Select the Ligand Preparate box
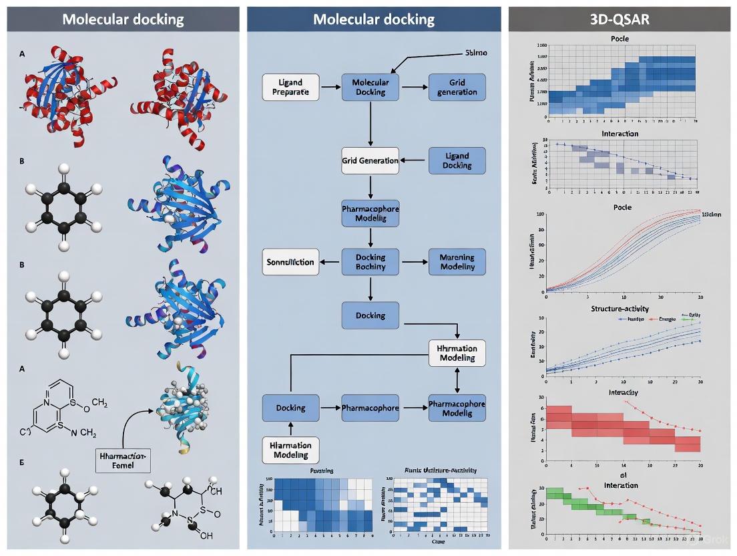pos(290,87)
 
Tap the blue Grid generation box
pos(457,87)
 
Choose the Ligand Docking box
pos(457,160)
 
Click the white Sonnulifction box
pos(290,261)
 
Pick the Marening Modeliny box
pos(457,261)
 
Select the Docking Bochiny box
pos(370,261)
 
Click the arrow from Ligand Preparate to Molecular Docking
pos(328,87)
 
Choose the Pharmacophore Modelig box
pos(457,408)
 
